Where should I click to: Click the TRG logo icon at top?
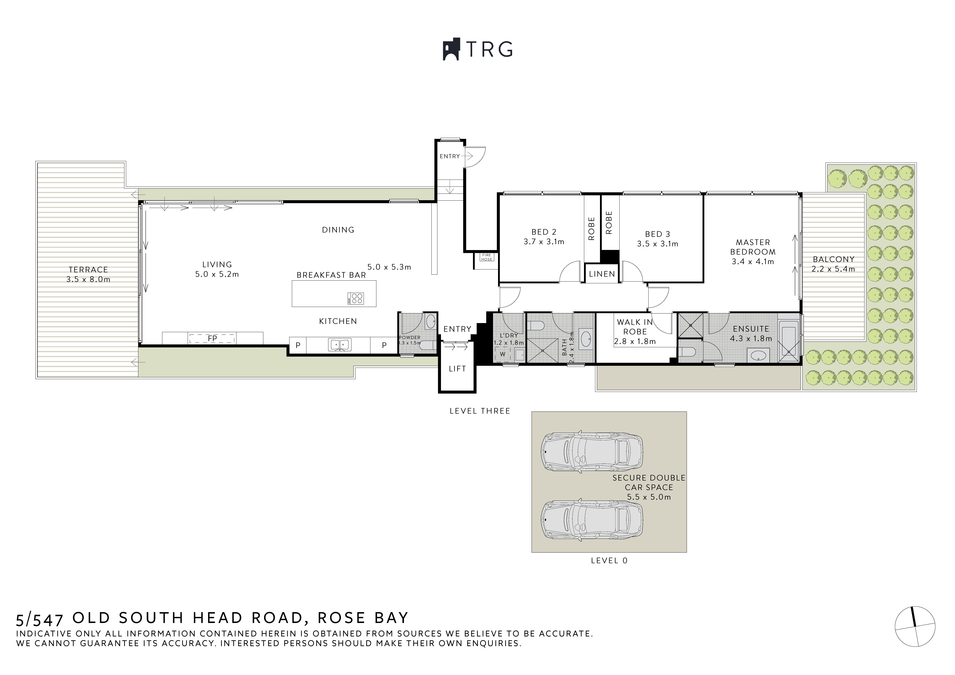[451, 50]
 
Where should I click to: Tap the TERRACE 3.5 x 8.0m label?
[88, 274]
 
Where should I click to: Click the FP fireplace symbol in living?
[212, 339]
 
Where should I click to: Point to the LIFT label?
[457, 369]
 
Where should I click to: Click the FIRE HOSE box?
[486, 257]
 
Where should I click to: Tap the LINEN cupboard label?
[601, 274]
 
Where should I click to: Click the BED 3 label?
[657, 234]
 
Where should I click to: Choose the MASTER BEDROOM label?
[753, 247]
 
